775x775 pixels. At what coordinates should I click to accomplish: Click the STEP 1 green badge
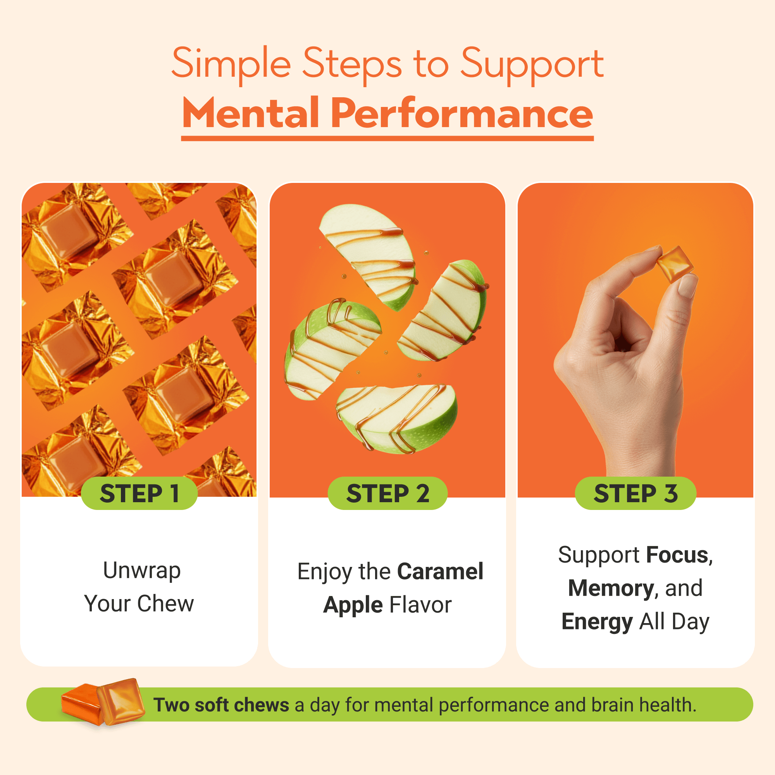coord(139,493)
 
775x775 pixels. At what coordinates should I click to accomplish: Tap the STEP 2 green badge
coord(387,493)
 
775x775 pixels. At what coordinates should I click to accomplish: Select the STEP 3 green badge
coord(635,493)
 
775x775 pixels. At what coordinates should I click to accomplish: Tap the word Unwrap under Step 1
coord(141,571)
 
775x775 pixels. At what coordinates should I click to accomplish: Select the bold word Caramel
coord(440,571)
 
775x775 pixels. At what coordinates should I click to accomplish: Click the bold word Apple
coord(353,605)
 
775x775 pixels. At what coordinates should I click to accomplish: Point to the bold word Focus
coord(677,555)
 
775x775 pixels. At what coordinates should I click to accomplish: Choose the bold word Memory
coord(611,589)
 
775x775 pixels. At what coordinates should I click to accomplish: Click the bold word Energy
coord(597,622)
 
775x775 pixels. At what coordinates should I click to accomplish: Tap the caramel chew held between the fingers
coord(675,264)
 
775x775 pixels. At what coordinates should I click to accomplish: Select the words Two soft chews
coord(221,705)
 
